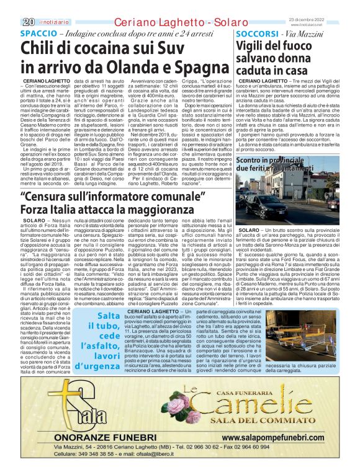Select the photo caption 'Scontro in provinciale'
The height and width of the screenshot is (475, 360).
281,161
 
